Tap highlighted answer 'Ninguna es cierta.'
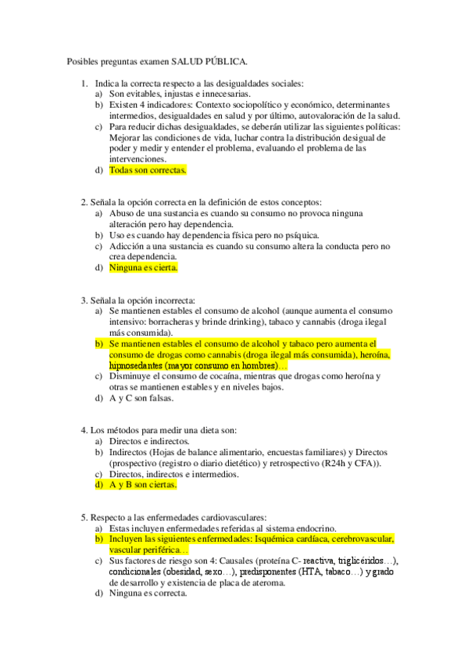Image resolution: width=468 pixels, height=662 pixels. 143,268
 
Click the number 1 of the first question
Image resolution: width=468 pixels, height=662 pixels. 84,83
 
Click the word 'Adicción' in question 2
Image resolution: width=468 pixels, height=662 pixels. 127,246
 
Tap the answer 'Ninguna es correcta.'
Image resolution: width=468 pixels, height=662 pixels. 148,593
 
